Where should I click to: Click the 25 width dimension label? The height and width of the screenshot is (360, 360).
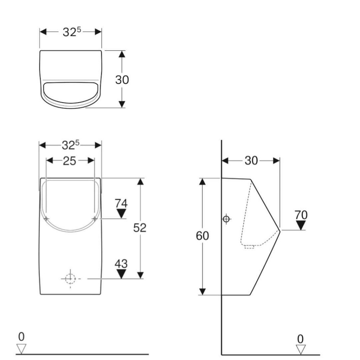coord(69,161)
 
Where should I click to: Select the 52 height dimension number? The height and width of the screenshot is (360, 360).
coord(140,228)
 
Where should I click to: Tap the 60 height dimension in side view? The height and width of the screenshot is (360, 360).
coord(202,236)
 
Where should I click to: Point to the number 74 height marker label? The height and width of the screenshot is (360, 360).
coord(121,204)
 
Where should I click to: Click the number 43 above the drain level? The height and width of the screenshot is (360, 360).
coord(121,264)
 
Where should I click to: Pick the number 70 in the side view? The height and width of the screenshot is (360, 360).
coord(301,215)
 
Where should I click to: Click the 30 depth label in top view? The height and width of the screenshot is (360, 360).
coord(122,80)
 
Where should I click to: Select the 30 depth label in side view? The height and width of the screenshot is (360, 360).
coord(251,161)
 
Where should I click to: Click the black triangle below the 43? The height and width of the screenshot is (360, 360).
coord(121,274)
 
